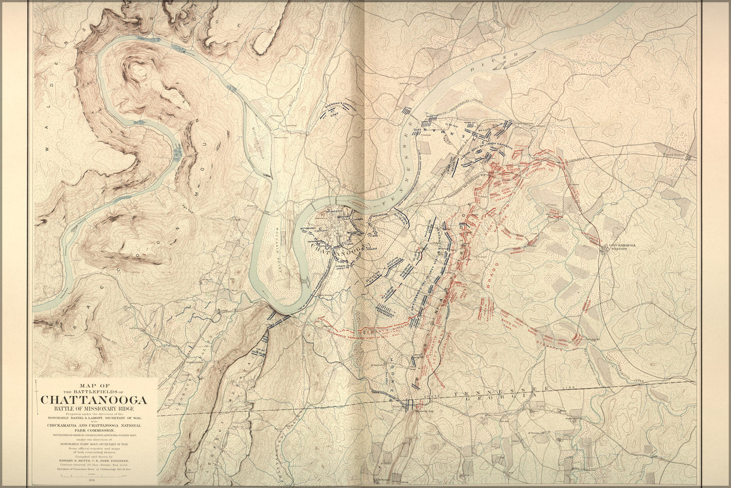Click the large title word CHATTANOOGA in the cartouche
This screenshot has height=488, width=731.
(94, 400)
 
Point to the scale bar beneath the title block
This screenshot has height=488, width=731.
(94, 474)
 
